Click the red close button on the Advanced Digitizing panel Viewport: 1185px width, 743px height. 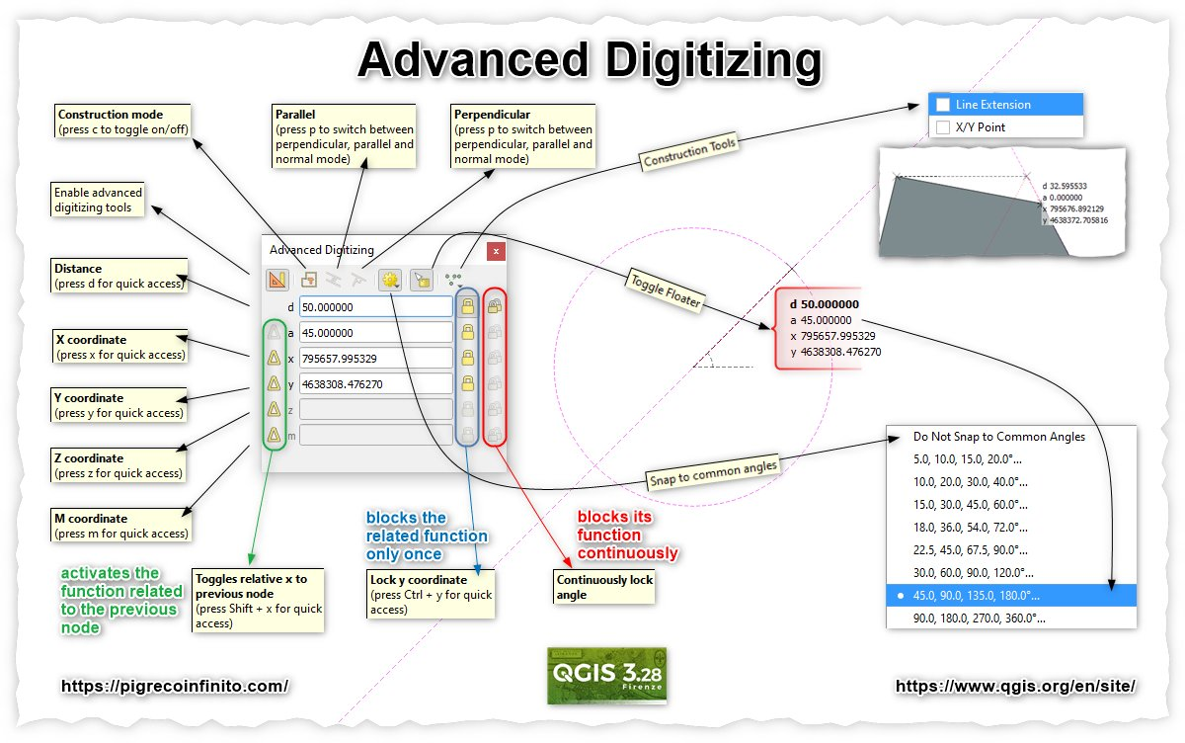point(496,251)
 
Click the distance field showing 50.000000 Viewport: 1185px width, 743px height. point(375,307)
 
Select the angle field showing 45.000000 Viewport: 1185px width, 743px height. point(375,333)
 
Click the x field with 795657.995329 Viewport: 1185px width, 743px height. point(375,358)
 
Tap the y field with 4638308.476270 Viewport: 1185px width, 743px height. point(375,383)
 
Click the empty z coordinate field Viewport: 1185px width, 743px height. point(375,408)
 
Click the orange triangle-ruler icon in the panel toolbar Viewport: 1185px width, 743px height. point(277,280)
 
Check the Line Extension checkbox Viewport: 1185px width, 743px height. point(943,105)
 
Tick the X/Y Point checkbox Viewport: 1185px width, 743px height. point(943,127)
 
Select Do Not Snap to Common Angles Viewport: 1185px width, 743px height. point(999,437)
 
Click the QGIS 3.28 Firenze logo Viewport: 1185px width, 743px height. point(606,676)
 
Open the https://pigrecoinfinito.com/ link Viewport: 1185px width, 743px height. point(175,686)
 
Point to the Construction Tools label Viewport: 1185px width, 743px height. point(689,153)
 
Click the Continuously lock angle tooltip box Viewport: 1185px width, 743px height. point(604,587)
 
